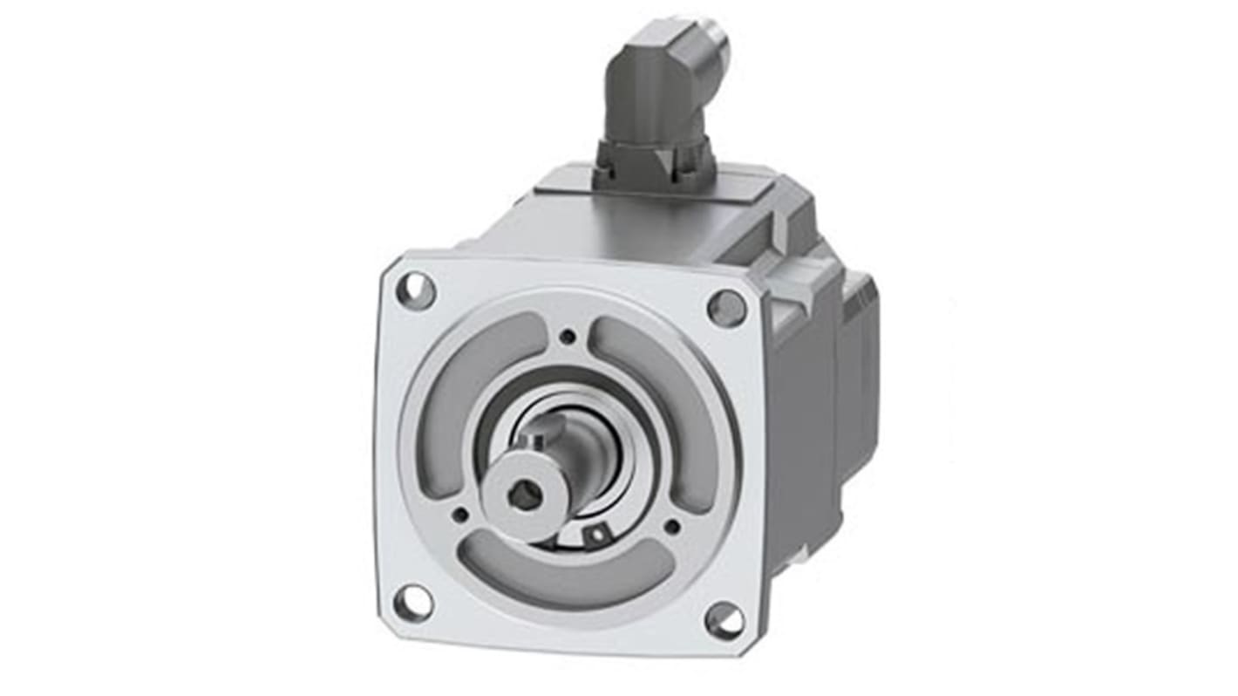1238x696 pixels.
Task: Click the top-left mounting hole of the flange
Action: [415, 290]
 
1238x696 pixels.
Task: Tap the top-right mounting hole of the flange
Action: [725, 308]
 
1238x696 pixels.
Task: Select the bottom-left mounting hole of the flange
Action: [413, 602]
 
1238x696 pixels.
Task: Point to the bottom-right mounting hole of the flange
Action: [724, 620]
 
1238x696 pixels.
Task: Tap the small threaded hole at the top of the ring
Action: [568, 337]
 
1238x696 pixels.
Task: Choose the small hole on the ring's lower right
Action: [671, 526]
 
